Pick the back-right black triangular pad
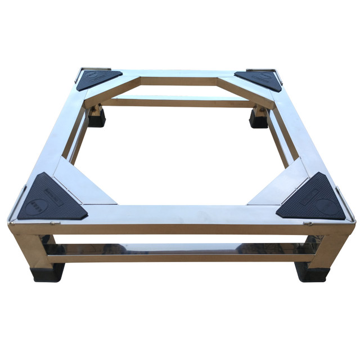click(259, 79)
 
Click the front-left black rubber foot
click(47, 272)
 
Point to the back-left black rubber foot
click(96, 118)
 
